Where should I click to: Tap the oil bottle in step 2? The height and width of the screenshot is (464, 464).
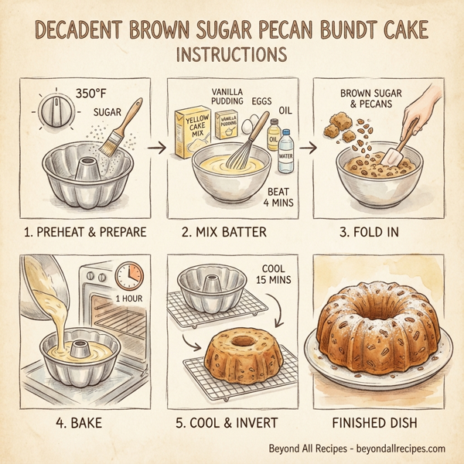[272, 135]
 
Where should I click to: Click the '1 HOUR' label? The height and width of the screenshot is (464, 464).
[129, 299]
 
